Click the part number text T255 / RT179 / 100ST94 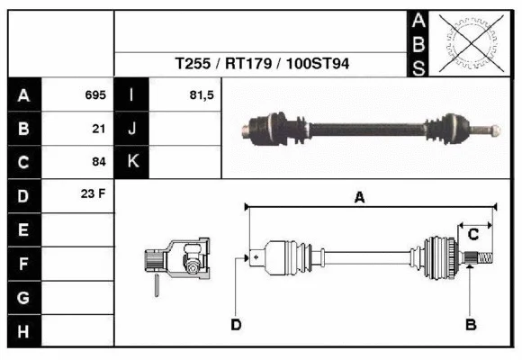(x=262, y=65)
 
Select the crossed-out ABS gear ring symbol (x=467, y=42)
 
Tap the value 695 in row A (x=95, y=94)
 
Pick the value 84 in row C (x=99, y=162)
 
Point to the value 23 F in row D (x=94, y=194)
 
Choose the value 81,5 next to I (x=202, y=94)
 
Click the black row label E (x=23, y=229)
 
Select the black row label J (x=132, y=128)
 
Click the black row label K (x=132, y=161)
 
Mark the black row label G (x=23, y=297)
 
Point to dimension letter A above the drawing (x=359, y=198)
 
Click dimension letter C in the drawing (x=472, y=235)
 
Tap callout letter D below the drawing (x=236, y=324)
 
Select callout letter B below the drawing (x=469, y=324)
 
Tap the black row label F (x=23, y=264)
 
